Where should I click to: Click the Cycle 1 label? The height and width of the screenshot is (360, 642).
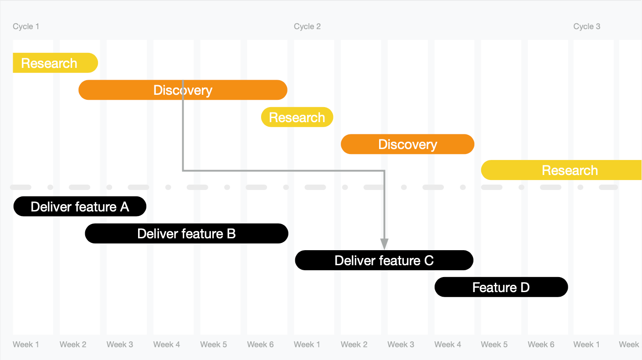point(26,26)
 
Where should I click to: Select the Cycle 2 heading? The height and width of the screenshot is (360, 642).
point(307,26)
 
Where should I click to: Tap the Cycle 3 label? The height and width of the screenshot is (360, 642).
point(586,26)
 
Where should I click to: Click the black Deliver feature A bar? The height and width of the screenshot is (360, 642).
point(80,207)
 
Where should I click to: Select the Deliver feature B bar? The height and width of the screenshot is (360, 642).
point(186,234)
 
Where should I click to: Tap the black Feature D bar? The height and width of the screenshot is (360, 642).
point(501,288)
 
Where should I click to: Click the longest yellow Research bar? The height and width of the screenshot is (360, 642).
point(561,170)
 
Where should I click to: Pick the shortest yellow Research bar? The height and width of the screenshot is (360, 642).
point(297,118)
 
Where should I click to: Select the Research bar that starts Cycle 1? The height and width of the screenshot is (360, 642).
point(55,63)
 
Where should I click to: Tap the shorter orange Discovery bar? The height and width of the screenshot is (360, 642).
point(407,144)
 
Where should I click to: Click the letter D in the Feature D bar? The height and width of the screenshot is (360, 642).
point(525,288)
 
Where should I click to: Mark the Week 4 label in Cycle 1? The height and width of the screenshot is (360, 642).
point(166,345)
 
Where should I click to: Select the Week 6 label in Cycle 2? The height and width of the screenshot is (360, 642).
point(541,345)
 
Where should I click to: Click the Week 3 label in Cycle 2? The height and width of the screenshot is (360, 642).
point(401,345)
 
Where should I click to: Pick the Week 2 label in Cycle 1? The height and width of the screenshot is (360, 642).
point(73,345)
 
